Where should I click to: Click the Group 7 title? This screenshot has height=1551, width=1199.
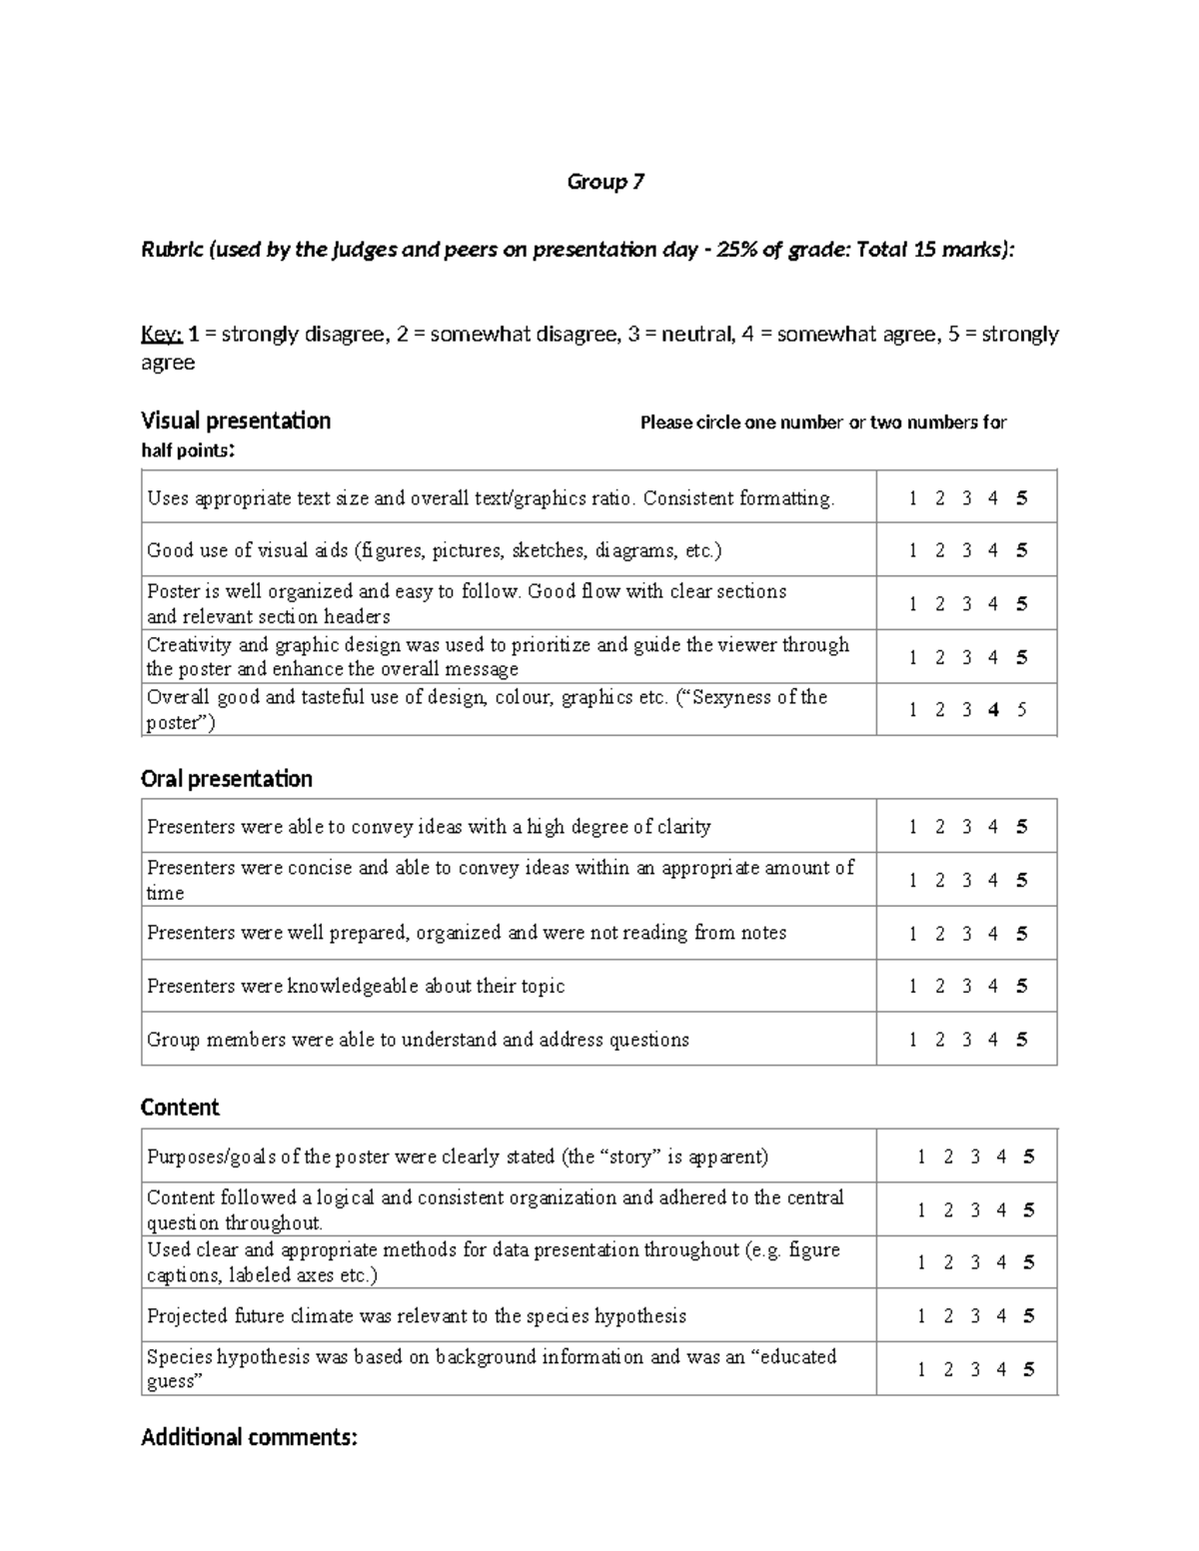605,182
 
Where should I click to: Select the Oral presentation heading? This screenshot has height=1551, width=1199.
227,779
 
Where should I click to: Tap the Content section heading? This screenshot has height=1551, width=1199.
180,1108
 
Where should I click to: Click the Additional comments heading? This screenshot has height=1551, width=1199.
249,1437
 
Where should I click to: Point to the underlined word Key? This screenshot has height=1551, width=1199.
160,335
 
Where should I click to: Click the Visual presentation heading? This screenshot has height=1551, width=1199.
236,420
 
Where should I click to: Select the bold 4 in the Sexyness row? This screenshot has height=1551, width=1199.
993,710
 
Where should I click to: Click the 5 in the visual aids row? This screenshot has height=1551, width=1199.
1021,550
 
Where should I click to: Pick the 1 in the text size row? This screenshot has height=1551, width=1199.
913,498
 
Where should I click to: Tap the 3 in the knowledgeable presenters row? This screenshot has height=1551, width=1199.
966,986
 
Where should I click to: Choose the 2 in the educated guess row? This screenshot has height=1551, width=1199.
948,1369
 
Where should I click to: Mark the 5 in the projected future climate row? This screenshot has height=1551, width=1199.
1028,1316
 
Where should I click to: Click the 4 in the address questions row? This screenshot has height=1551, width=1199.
993,1040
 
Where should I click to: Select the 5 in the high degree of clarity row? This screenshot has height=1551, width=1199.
1021,827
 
